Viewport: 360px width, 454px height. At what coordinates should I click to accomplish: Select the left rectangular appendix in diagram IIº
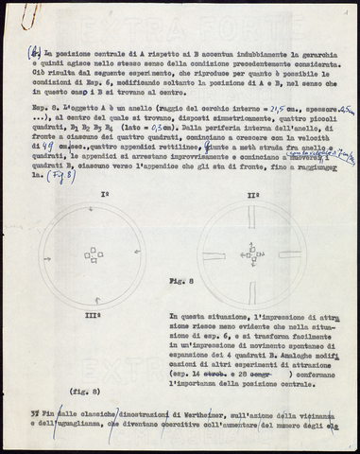(x=214, y=256)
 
